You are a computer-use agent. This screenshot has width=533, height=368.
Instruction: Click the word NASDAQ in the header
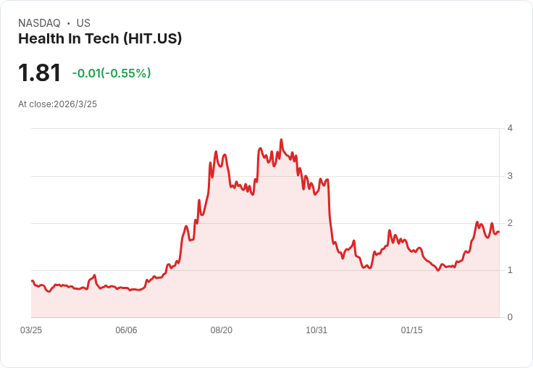click(39, 23)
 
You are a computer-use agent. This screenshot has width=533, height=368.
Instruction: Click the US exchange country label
click(83, 23)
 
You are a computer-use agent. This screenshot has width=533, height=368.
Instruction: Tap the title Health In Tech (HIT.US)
click(100, 39)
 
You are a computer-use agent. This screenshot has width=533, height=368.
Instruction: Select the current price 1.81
click(40, 72)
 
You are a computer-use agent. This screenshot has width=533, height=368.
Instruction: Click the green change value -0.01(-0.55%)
click(112, 73)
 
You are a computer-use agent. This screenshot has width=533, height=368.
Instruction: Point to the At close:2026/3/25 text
click(57, 104)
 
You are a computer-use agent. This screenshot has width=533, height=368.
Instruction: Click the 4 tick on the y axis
click(511, 128)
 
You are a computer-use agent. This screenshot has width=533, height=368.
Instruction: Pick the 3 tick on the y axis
click(511, 176)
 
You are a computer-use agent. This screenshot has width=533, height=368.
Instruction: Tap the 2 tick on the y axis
click(511, 223)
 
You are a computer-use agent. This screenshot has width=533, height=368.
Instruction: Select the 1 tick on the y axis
click(511, 270)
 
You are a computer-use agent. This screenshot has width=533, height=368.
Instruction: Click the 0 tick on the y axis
click(511, 317)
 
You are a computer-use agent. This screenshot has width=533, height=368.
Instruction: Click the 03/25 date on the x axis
click(31, 330)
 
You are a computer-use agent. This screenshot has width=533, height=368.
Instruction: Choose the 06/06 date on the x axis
click(126, 330)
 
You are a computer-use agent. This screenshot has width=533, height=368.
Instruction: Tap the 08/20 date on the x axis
click(222, 330)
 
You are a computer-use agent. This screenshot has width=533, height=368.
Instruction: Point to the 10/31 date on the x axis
click(316, 330)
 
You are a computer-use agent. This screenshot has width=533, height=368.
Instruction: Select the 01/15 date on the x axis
click(411, 330)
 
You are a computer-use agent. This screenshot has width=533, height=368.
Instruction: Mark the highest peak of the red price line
click(281, 140)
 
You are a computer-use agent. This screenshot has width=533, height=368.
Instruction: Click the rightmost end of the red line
click(499, 232)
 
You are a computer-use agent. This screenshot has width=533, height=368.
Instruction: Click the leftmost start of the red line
click(32, 280)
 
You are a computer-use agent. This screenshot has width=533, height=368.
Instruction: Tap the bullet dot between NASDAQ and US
click(68, 23)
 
